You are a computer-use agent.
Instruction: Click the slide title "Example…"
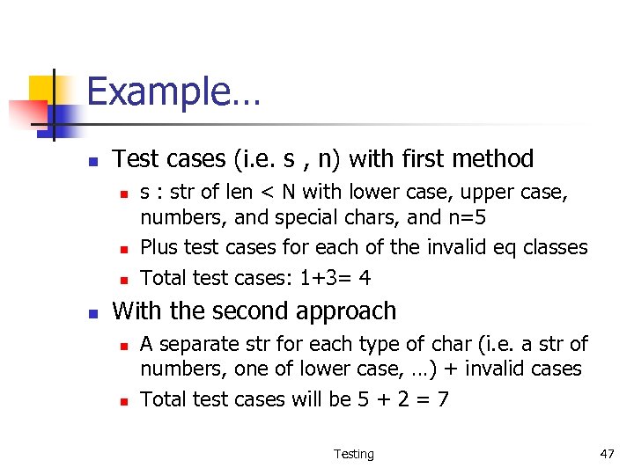coord(173,91)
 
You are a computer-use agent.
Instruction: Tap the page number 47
coord(607,454)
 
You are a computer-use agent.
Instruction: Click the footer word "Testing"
coord(353,454)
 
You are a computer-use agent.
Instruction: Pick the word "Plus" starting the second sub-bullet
coord(159,247)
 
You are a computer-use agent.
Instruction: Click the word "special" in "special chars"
coord(302,216)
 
